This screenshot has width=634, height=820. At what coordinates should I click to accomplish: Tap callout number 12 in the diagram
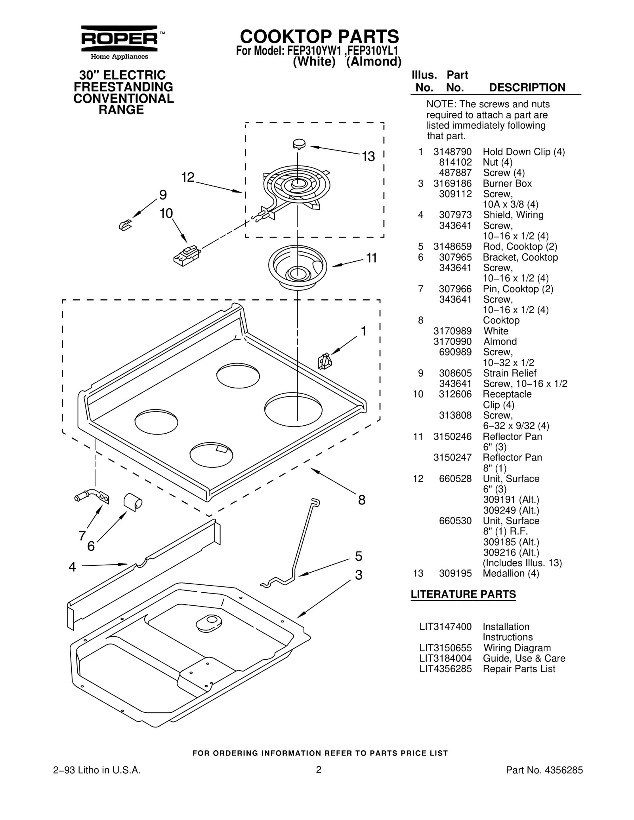tap(188, 177)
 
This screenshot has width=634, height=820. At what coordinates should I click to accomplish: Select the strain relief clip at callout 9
tap(125, 225)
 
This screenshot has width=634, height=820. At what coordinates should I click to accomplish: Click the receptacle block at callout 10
tap(186, 255)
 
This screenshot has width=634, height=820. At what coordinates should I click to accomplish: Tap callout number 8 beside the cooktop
tap(361, 500)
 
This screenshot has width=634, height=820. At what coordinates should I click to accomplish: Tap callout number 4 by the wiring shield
tap(72, 567)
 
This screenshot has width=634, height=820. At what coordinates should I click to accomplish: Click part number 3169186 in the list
tap(452, 183)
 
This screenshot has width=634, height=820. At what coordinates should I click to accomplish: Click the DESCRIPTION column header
tap(527, 88)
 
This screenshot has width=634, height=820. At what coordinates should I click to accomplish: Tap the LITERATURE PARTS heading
tap(463, 594)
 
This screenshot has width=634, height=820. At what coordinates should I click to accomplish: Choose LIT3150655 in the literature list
tap(445, 648)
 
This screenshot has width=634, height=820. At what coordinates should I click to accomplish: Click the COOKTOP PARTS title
tap(319, 36)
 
